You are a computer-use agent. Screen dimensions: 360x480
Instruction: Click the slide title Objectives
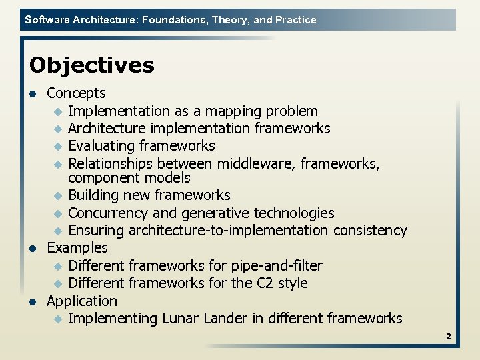pyautogui.click(x=91, y=65)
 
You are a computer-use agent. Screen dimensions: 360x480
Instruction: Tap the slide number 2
pyautogui.click(x=449, y=337)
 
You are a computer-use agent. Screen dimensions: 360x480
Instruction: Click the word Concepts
pyautogui.click(x=76, y=93)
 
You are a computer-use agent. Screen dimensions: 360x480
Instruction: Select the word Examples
pyautogui.click(x=77, y=248)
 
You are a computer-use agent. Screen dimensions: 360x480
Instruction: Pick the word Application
pyautogui.click(x=81, y=301)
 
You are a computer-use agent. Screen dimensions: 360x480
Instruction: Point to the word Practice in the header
pyautogui.click(x=295, y=20)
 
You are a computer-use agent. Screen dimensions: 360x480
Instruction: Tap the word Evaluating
pyautogui.click(x=102, y=146)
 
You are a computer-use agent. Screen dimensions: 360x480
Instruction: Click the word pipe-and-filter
pyautogui.click(x=277, y=266)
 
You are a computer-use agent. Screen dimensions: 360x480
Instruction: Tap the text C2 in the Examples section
pyautogui.click(x=265, y=283)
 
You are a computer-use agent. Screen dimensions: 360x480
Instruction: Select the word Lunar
pyautogui.click(x=182, y=319)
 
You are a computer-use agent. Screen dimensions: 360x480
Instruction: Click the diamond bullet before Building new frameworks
pyautogui.click(x=58, y=196)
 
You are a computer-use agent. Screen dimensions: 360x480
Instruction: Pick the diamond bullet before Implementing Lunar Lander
pyautogui.click(x=58, y=319)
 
